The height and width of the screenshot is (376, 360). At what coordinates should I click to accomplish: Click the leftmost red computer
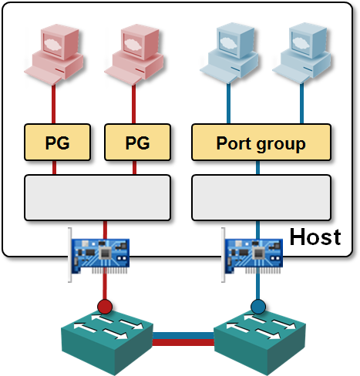click(x=54, y=55)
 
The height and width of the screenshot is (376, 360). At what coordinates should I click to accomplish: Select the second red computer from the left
click(x=134, y=55)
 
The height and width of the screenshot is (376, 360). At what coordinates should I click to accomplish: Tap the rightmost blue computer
click(x=301, y=53)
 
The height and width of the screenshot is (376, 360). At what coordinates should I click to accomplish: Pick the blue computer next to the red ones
click(x=229, y=53)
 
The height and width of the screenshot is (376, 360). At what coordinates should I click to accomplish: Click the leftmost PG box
click(x=57, y=143)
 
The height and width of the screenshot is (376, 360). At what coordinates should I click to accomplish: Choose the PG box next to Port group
click(x=137, y=143)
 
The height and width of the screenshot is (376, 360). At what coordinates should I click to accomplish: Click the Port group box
click(x=261, y=143)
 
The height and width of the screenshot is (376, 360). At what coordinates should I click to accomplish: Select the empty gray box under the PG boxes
click(x=97, y=197)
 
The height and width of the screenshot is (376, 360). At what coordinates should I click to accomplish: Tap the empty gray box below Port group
click(x=261, y=197)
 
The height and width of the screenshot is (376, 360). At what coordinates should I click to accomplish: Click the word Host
click(x=315, y=237)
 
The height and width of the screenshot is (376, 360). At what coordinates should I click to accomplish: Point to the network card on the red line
click(x=99, y=255)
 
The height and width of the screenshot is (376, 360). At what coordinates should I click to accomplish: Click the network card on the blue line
click(x=252, y=255)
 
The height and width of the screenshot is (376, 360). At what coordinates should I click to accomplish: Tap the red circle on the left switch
click(x=105, y=307)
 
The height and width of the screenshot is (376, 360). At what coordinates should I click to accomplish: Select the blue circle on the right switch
click(x=258, y=307)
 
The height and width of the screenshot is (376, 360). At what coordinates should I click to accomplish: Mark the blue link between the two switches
click(x=183, y=336)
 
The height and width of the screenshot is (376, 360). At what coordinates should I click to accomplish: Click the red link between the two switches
click(x=183, y=342)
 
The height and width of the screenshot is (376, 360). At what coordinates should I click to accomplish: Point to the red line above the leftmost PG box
click(x=54, y=105)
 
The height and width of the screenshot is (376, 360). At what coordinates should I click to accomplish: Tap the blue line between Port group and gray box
click(x=257, y=168)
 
